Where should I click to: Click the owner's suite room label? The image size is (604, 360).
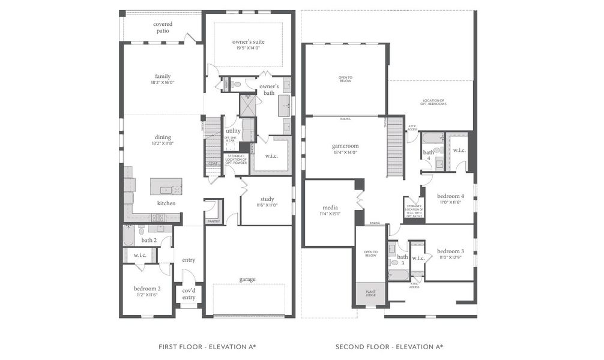(x=249, y=41)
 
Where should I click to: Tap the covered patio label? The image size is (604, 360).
(x=163, y=27)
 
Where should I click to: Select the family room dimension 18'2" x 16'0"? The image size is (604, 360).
(x=163, y=83)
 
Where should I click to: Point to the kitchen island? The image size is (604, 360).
(x=166, y=186)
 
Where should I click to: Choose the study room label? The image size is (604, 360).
(x=267, y=199)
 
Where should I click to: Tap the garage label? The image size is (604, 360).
(x=247, y=279)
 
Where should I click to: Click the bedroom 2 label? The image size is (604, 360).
(x=146, y=289)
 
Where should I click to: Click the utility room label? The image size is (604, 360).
(x=233, y=130)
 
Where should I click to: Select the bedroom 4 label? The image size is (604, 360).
(x=450, y=196)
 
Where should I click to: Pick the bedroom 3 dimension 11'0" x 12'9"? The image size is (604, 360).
(x=450, y=257)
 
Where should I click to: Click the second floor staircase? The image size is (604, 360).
(x=394, y=147)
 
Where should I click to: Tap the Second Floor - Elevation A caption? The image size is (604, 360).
(x=389, y=346)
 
